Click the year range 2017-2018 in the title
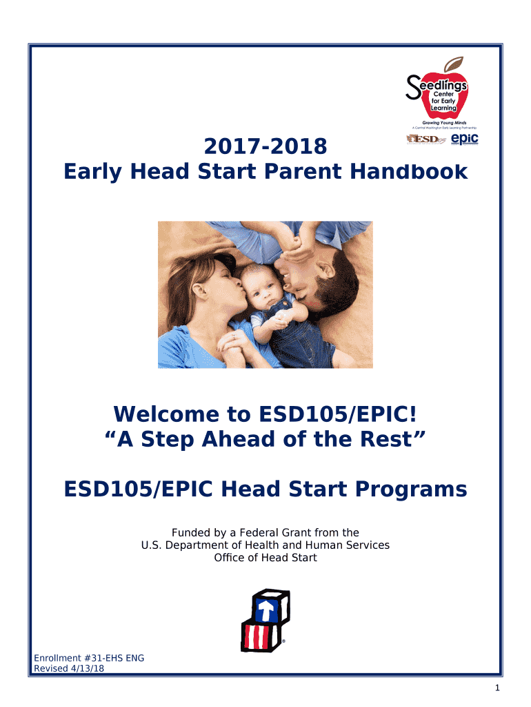tap(265, 146)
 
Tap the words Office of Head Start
tap(265, 557)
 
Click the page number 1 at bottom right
tap(497, 688)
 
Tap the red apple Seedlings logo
tap(440, 93)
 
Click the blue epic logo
tap(464, 139)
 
